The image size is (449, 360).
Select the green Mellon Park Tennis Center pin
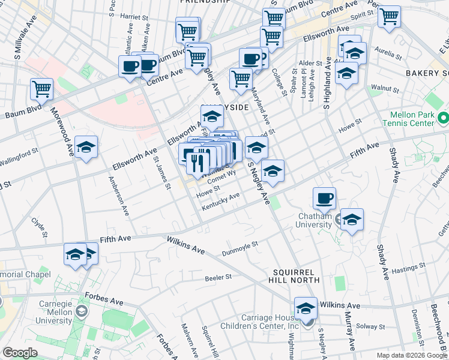tap(443, 116)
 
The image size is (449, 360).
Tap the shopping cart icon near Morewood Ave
tap(42, 89)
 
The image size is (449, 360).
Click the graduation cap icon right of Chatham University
tap(352, 218)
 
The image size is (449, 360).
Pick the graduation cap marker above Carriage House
tap(306, 310)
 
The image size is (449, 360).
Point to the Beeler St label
tap(218, 277)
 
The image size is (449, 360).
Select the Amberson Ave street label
tap(118, 196)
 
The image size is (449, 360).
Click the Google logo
tap(20, 353)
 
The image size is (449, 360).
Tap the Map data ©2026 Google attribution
tap(412, 355)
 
